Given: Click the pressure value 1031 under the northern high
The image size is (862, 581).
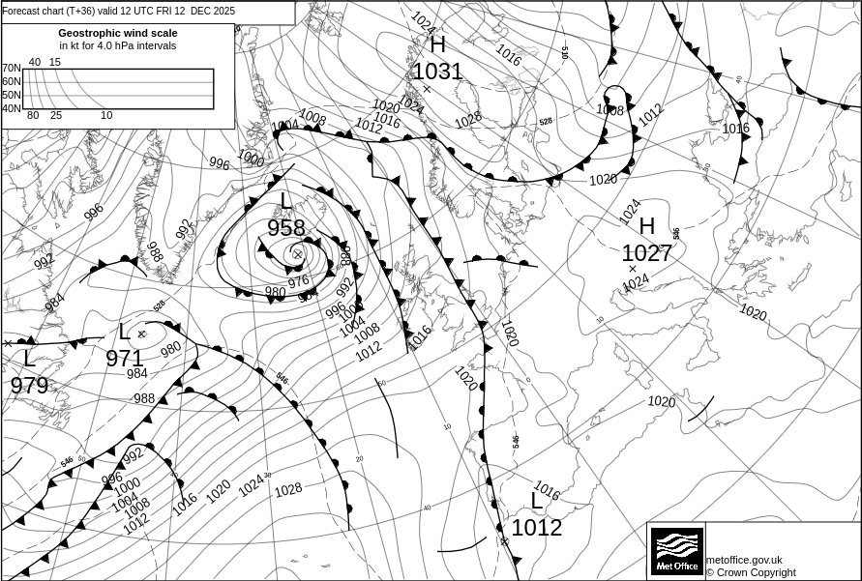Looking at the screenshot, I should [x=437, y=71].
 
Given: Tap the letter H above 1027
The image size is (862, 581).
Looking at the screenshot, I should [x=647, y=227].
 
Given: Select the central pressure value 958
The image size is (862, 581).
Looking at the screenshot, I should [x=286, y=228].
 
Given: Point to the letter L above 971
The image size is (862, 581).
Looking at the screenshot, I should [x=123, y=334].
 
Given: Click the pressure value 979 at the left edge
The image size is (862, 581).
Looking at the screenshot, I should [x=29, y=386].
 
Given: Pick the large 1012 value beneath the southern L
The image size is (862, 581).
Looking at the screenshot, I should [x=536, y=528].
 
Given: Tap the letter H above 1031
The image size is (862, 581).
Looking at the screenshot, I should [x=437, y=44].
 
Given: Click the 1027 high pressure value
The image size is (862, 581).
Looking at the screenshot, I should [x=646, y=253].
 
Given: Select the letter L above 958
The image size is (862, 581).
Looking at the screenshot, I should [x=285, y=201].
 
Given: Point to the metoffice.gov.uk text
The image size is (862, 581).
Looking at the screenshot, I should [x=744, y=560].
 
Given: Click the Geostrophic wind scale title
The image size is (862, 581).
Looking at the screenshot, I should [x=118, y=33].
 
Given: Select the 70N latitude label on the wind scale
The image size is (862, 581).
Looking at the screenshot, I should [x=11, y=69].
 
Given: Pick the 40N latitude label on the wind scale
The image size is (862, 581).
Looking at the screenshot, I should [x=11, y=108].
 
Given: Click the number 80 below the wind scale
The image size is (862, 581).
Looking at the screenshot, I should [x=33, y=116].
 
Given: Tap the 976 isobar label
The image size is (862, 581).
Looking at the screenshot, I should [x=298, y=281].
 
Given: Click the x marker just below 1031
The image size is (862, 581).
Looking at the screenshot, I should [x=427, y=89].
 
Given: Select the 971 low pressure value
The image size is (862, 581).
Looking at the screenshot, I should [x=124, y=359].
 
